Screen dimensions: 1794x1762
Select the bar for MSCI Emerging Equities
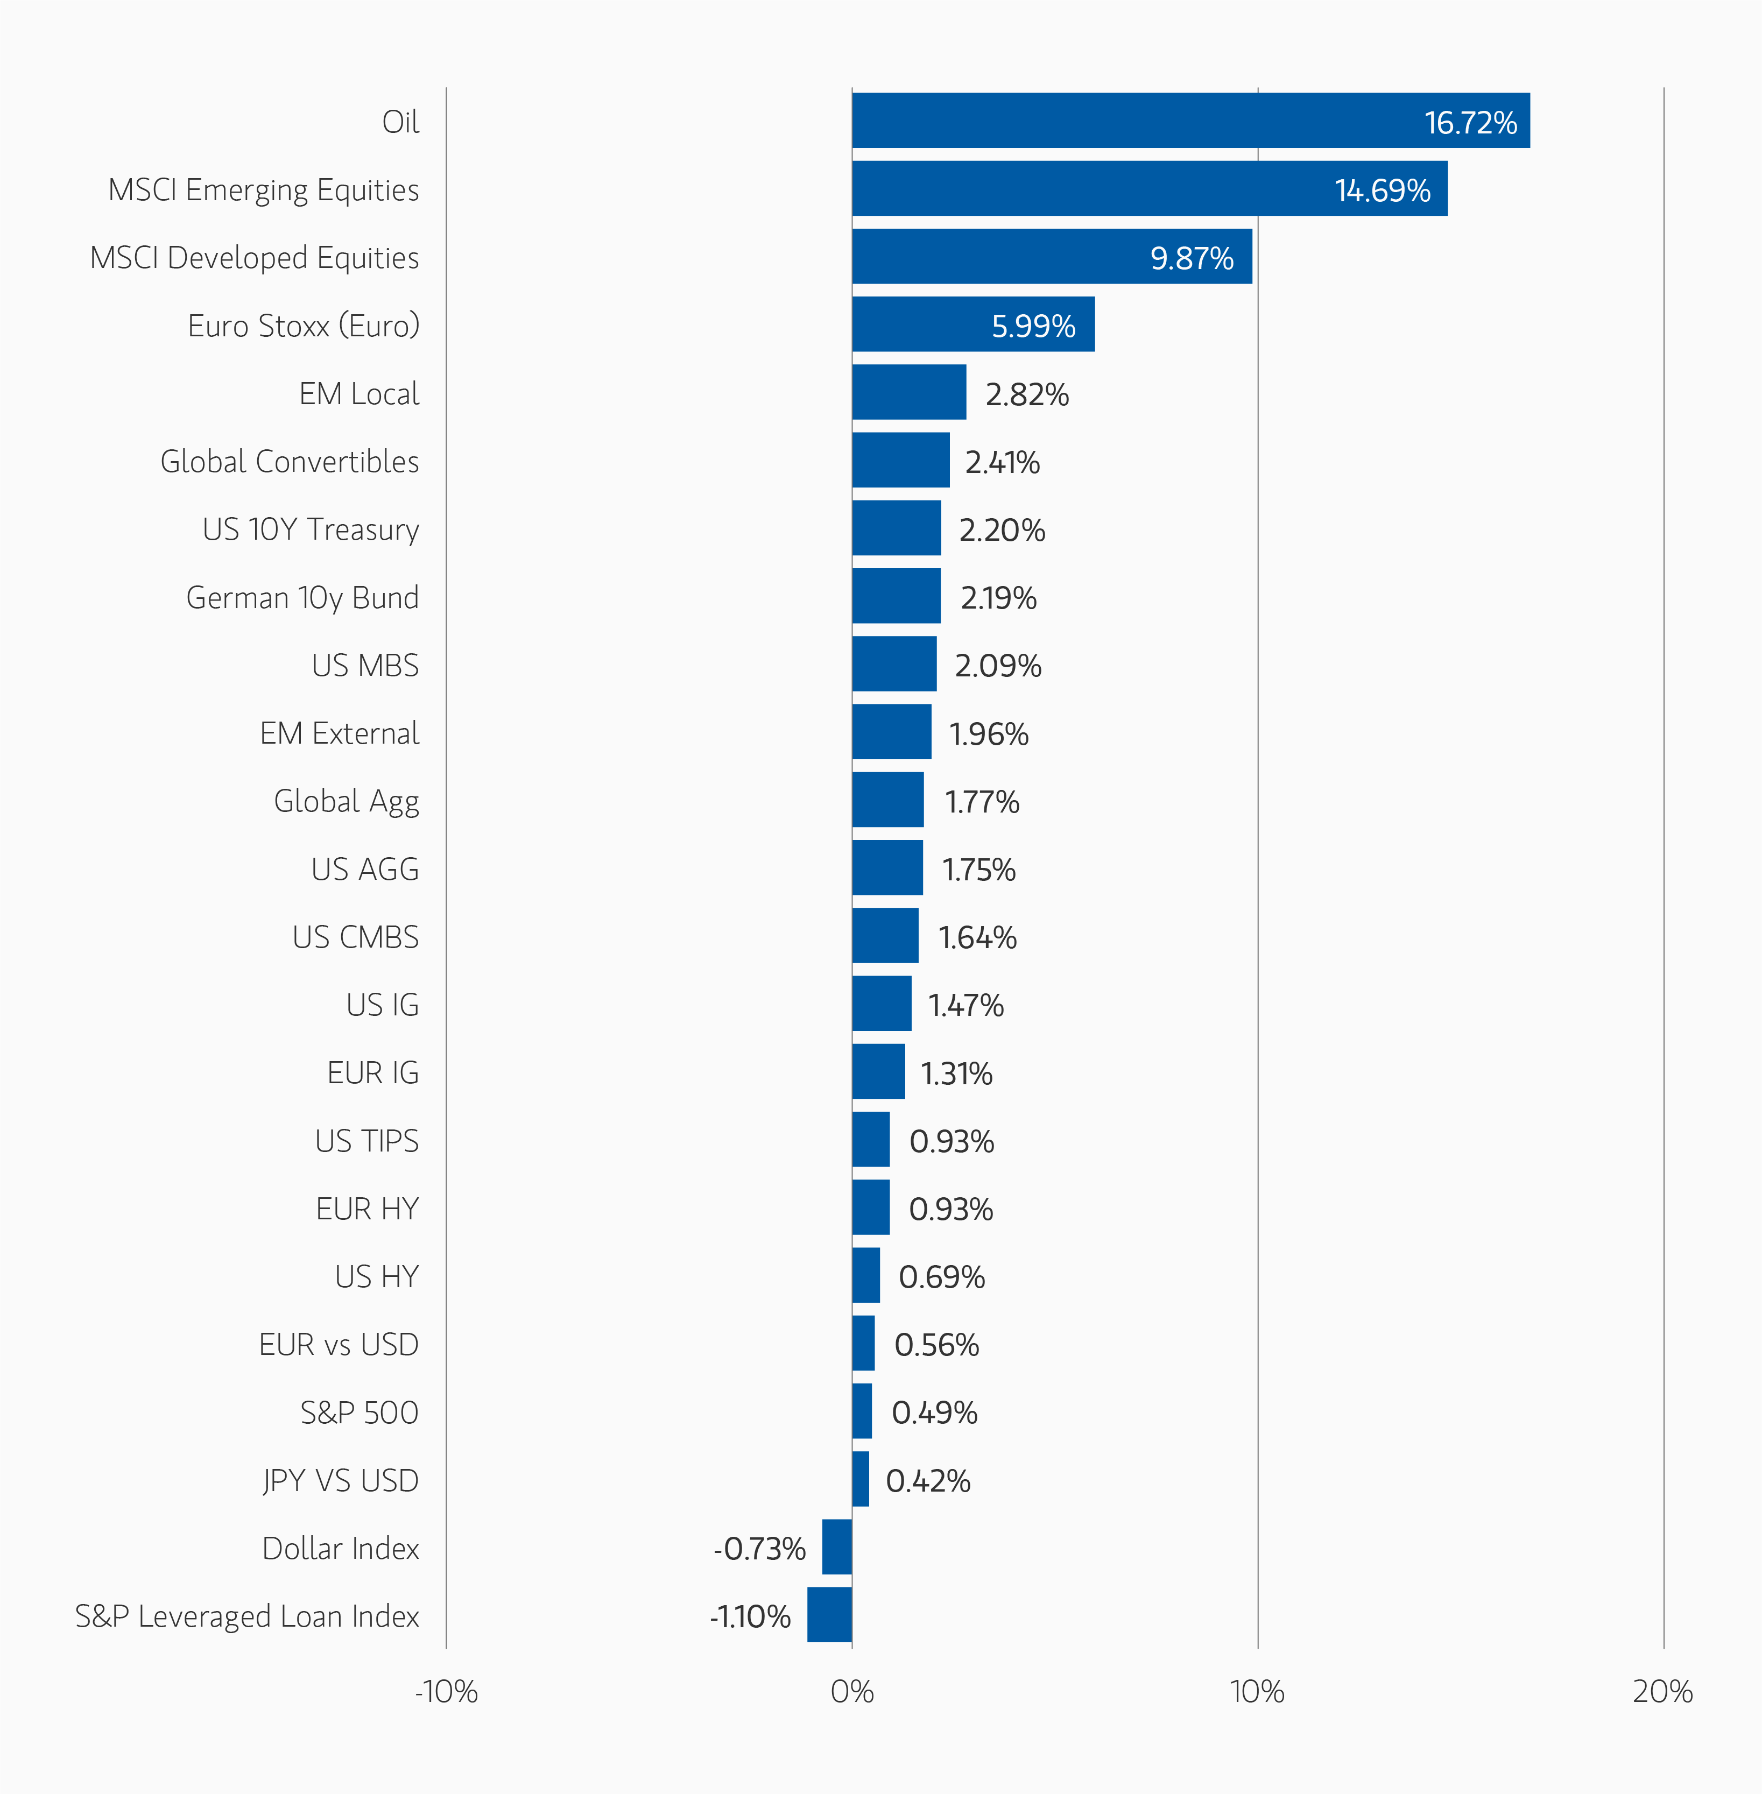(x=1150, y=189)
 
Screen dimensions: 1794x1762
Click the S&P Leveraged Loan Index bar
(x=829, y=1614)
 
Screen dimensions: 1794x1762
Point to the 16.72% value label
(x=1470, y=122)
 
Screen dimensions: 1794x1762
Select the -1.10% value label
(x=750, y=1616)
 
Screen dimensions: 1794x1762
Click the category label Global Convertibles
(x=290, y=461)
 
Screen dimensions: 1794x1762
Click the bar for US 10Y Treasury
(x=896, y=528)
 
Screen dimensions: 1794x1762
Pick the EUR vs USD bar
(x=863, y=1343)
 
